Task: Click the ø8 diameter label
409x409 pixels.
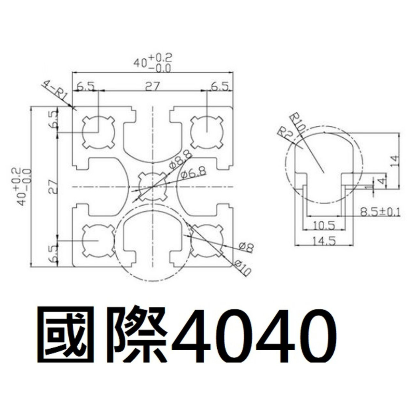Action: (246, 247)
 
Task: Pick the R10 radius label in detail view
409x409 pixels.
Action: (298, 123)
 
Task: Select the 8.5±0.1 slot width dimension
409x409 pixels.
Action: (379, 212)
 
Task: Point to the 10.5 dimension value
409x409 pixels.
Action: (324, 225)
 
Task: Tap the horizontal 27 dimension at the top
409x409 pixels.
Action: (152, 87)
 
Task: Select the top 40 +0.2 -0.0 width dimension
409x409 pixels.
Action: (153, 63)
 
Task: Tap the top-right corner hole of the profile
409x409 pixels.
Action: (207, 132)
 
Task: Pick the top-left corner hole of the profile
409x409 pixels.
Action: (99, 132)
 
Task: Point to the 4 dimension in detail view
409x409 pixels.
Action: (382, 180)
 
